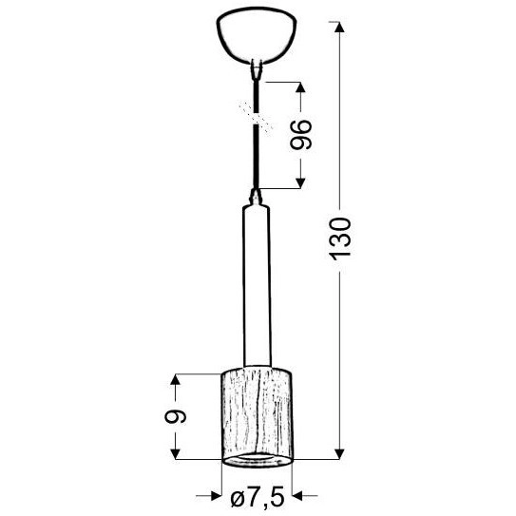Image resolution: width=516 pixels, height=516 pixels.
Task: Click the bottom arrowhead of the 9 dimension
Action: (174, 453)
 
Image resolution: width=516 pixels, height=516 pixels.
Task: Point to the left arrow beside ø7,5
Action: (212, 495)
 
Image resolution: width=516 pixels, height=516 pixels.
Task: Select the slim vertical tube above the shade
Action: (255, 285)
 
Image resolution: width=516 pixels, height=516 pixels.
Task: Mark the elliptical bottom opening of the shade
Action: (255, 458)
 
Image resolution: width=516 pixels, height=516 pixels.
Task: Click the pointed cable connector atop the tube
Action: (255, 199)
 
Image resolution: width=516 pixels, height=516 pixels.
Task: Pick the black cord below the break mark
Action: (255, 157)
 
